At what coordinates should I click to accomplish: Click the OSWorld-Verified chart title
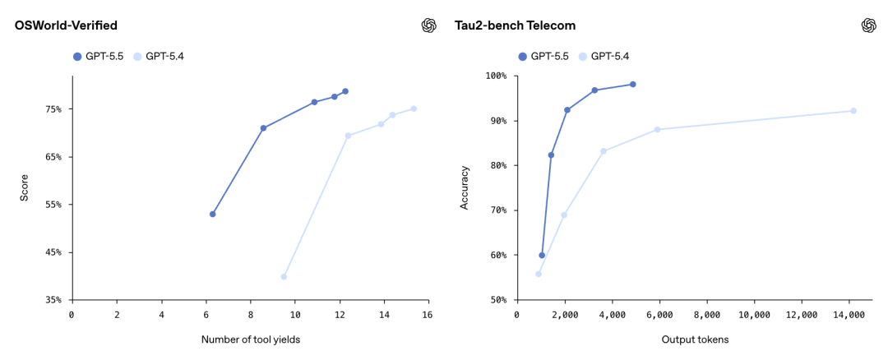(x=65, y=25)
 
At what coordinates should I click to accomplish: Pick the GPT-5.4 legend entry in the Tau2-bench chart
(x=604, y=56)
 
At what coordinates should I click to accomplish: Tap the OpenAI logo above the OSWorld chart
(x=428, y=25)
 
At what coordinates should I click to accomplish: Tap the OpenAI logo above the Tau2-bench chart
(x=868, y=25)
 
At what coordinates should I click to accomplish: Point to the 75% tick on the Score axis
(x=53, y=109)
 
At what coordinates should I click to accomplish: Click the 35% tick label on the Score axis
(x=53, y=300)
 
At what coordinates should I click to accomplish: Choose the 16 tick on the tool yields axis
(x=428, y=315)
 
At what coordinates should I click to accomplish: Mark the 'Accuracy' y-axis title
(x=465, y=188)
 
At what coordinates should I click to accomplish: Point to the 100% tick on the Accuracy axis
(x=496, y=76)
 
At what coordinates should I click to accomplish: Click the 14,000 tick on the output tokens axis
(x=849, y=315)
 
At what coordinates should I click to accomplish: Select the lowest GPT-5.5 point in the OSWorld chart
(x=212, y=214)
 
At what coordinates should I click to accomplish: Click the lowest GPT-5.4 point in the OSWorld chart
(x=284, y=276)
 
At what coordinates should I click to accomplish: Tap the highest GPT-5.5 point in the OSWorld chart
(x=345, y=91)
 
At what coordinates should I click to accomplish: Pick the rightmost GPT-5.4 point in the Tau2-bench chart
(x=853, y=110)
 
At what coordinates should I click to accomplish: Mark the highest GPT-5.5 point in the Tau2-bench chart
(x=633, y=84)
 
